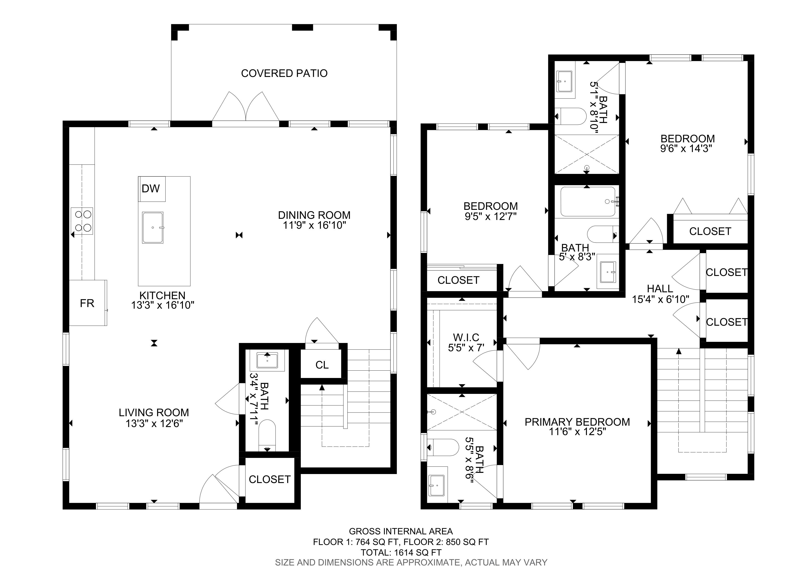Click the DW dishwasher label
pos(151,189)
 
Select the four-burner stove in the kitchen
pos(82,221)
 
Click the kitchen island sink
pos(153,228)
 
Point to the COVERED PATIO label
pos(284,73)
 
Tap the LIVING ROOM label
pos(154,412)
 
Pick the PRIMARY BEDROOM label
pos(577,422)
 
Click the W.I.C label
pos(466,338)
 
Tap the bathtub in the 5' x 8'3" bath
pos(588,202)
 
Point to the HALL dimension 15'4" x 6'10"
pos(661,299)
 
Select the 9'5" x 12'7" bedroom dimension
pos(491,216)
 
